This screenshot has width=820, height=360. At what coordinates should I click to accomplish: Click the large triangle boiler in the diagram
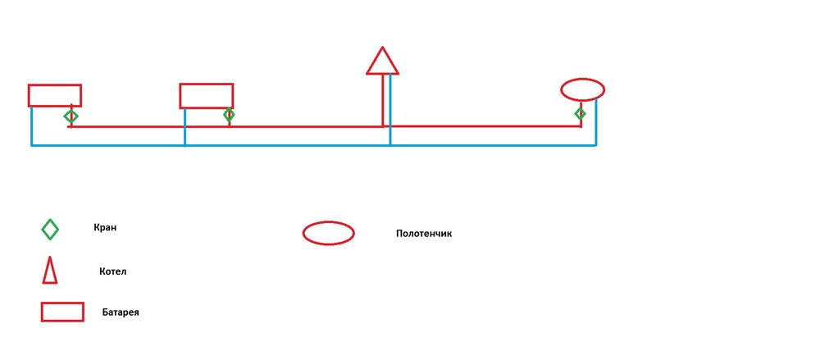382,73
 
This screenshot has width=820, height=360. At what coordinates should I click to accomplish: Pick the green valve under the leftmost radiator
71,116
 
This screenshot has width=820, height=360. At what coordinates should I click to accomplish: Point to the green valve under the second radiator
229,115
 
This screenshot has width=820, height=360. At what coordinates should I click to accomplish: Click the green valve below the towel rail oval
580,113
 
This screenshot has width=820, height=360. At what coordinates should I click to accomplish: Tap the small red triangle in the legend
50,283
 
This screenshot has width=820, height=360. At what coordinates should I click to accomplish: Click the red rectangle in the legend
62,303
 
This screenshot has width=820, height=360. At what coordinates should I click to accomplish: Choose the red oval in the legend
329,222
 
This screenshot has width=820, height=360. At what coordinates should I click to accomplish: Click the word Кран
105,228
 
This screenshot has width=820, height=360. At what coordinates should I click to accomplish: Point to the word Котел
113,271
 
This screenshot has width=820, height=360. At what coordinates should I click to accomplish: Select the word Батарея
121,313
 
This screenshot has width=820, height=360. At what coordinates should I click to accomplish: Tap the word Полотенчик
424,234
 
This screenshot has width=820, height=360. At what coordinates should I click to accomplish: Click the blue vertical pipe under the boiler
390,109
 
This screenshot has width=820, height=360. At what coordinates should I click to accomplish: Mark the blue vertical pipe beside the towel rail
596,122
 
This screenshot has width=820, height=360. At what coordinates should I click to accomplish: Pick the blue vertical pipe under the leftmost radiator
31,126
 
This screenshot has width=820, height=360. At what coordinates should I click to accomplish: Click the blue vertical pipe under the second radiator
184,127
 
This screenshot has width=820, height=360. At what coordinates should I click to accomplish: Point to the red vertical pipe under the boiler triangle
383,100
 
